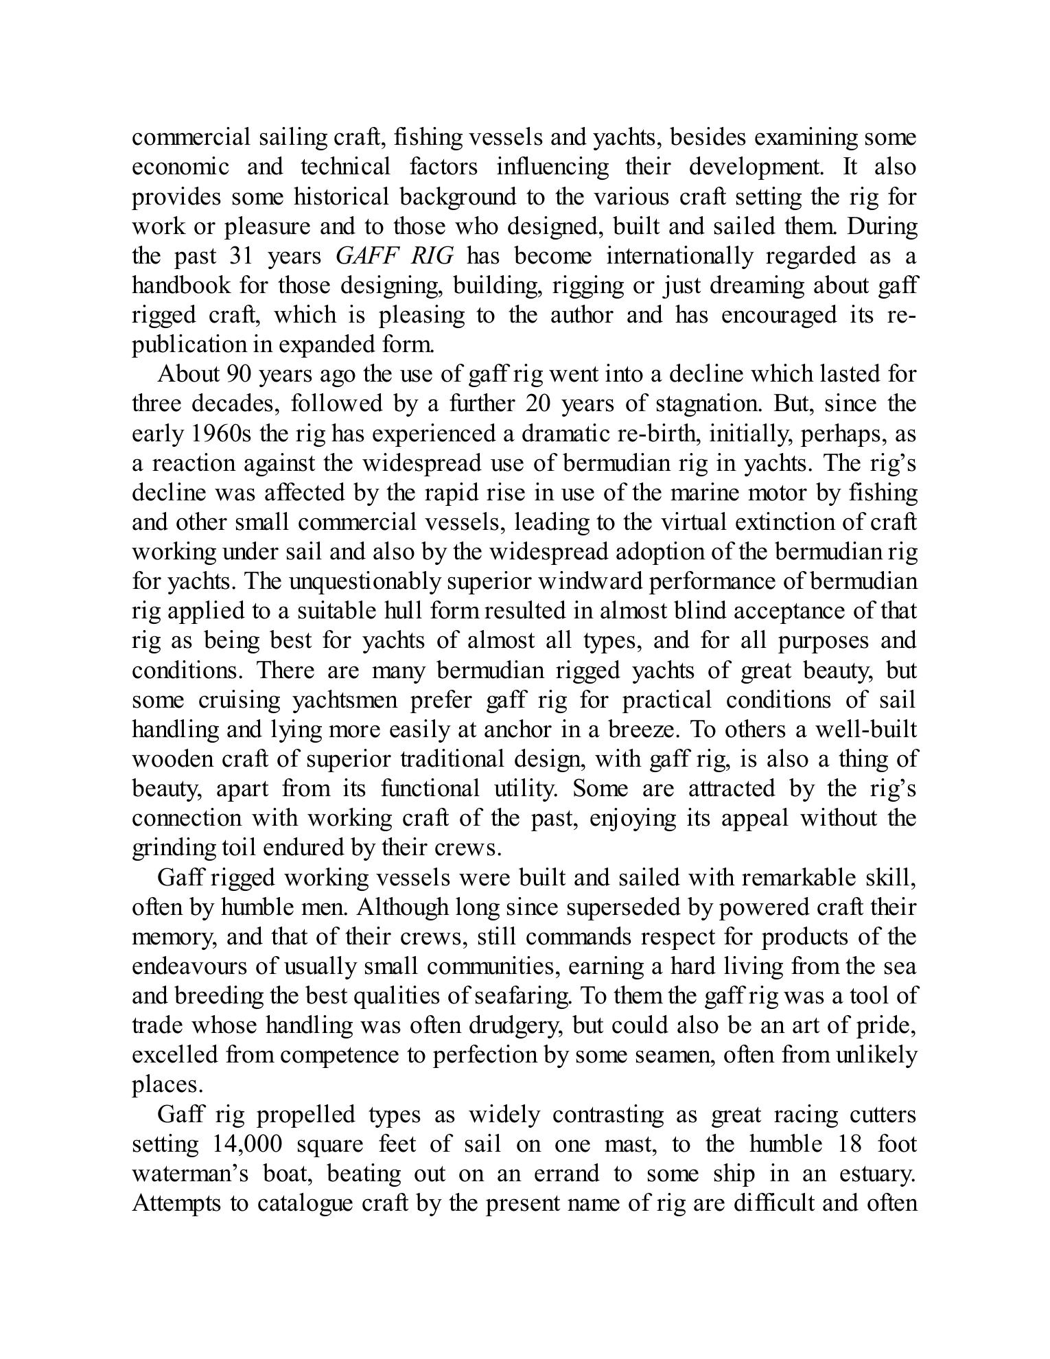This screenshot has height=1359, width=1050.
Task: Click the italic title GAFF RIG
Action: coord(395,257)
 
